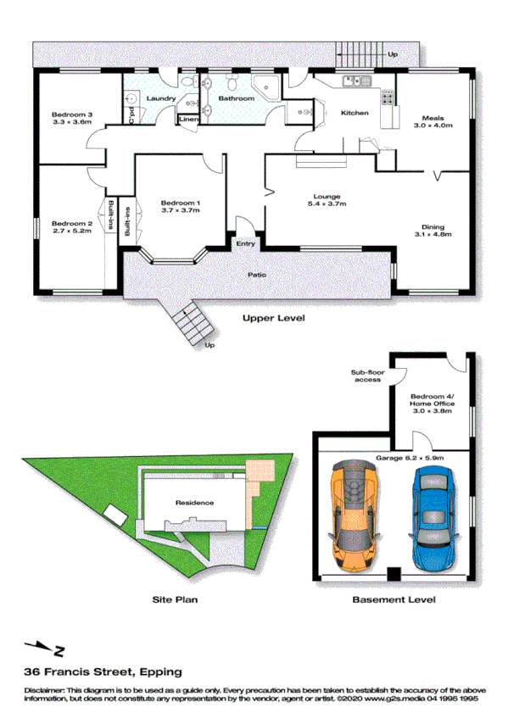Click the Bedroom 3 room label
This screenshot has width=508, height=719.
pos(71,119)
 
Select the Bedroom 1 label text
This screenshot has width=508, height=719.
pos(180,206)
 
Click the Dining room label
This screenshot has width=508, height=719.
pos(433,231)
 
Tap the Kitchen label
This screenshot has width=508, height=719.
pos(354,113)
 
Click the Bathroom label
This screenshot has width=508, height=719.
pos(236,98)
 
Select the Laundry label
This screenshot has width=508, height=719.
pos(160,98)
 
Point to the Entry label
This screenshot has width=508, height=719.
pos(246,244)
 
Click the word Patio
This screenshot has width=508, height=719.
pos(257,275)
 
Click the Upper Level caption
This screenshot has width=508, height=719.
pos(273,319)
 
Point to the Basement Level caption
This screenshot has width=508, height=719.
pos(394,599)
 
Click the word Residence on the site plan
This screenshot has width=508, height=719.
pos(194,503)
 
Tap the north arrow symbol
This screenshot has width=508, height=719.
pos(47,649)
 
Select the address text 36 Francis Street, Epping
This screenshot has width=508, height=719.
pos(103,672)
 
